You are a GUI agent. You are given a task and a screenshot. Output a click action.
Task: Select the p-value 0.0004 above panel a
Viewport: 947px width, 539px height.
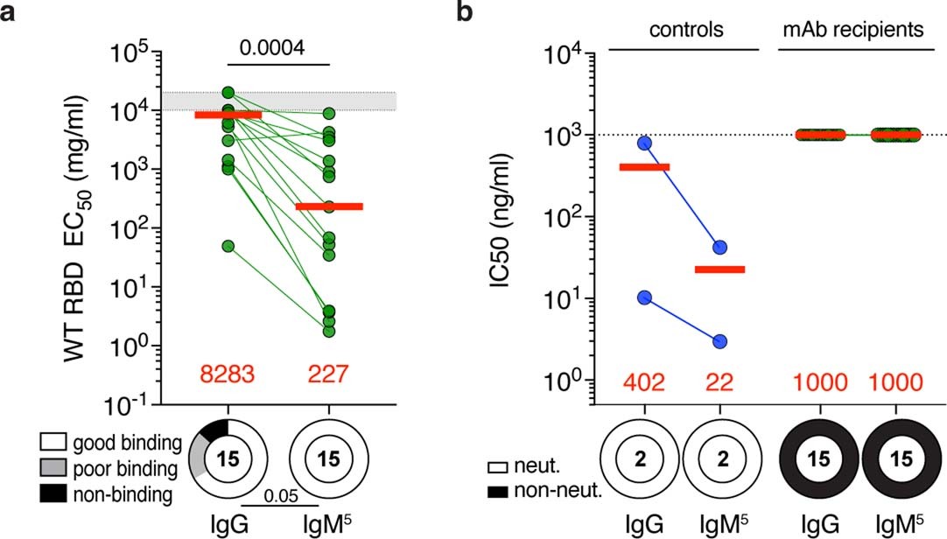pos(279,48)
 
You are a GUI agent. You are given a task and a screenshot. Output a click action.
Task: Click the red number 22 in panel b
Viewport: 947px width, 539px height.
pos(719,381)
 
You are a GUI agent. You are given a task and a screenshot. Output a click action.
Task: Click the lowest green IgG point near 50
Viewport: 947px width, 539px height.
pos(228,246)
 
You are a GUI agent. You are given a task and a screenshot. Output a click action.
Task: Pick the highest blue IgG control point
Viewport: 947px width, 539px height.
pos(644,143)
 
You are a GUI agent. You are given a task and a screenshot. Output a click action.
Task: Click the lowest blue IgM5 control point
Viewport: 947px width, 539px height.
pos(719,341)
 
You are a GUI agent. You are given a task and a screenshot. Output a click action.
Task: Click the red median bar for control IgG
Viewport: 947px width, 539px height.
pos(644,166)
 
